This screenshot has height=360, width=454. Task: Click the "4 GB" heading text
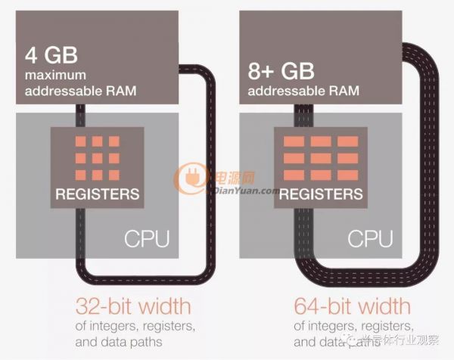pyautogui.click(x=51, y=55)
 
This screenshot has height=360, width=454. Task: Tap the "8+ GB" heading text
pyautogui.click(x=281, y=71)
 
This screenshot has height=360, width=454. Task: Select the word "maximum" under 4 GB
pyautogui.click(x=55, y=75)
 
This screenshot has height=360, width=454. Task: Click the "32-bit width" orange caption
pyautogui.click(x=133, y=306)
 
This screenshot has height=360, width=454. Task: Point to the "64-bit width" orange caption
pyautogui.click(x=353, y=306)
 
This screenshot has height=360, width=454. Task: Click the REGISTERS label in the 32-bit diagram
pyautogui.click(x=98, y=194)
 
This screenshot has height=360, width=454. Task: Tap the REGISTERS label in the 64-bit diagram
pyautogui.click(x=321, y=194)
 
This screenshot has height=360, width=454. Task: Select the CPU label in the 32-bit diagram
pyautogui.click(x=147, y=239)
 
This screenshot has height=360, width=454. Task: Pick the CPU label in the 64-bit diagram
pyautogui.click(x=370, y=239)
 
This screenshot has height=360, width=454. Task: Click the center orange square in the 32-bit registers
pyautogui.click(x=98, y=158)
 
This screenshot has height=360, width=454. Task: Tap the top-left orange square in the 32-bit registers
pyautogui.click(x=80, y=141)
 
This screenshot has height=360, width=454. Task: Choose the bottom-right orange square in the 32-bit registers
pyautogui.click(x=114, y=175)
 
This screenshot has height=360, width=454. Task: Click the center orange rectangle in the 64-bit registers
pyautogui.click(x=321, y=158)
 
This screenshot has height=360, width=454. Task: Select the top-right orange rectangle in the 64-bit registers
pyautogui.click(x=348, y=141)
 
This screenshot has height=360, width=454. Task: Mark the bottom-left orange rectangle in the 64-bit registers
pyautogui.click(x=294, y=175)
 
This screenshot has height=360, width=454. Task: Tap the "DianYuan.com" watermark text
pyautogui.click(x=246, y=191)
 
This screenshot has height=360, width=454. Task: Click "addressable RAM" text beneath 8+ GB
pyautogui.click(x=303, y=91)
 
